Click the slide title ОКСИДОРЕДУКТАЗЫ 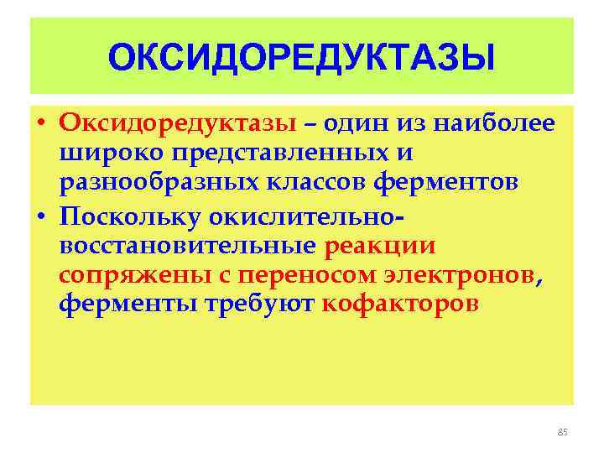(301, 58)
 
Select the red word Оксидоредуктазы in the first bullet (178, 124)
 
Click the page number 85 (562, 432)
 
